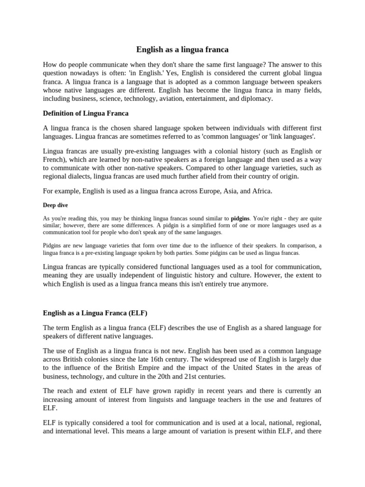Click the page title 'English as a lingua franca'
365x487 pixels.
click(x=182, y=49)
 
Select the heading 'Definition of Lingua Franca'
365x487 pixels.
click(x=86, y=113)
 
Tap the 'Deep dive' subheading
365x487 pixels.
click(x=55, y=205)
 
